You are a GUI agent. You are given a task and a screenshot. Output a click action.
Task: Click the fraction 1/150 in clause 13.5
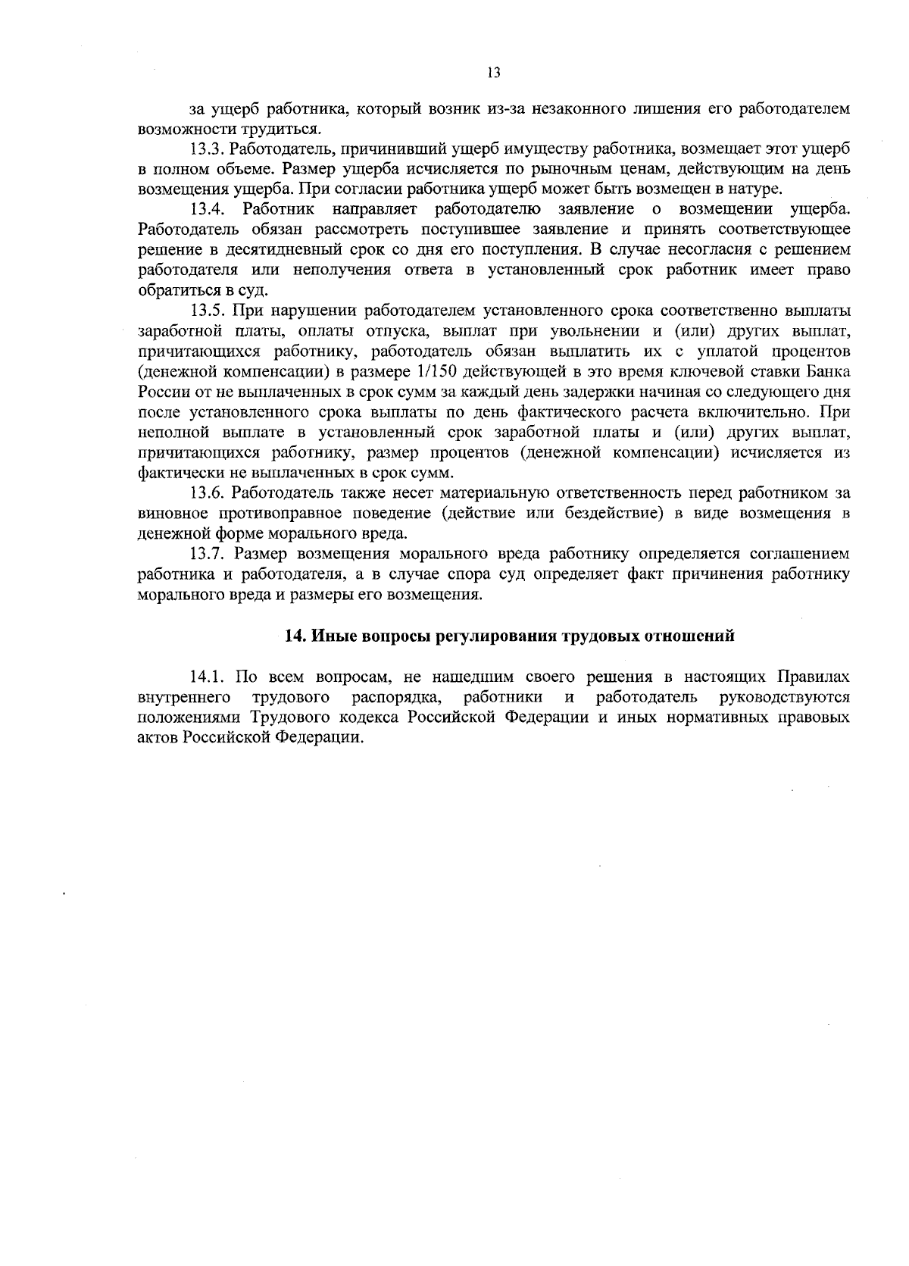tap(437, 372)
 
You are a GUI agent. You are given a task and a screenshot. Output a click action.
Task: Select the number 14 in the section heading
tap(292, 636)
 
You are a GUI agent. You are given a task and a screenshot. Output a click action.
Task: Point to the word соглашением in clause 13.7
tap(801, 555)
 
